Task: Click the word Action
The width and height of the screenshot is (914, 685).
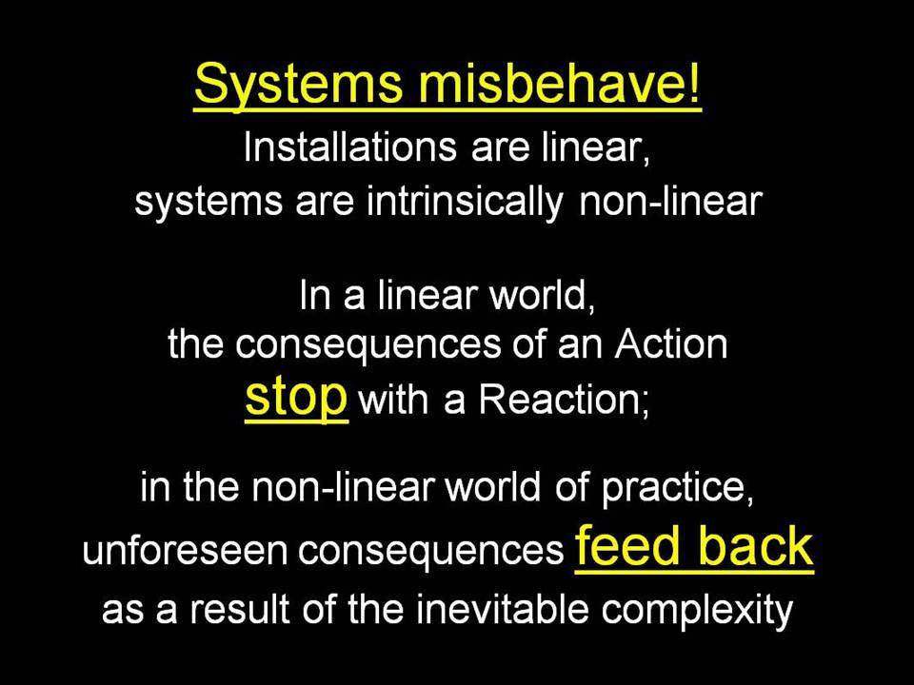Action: coord(671,343)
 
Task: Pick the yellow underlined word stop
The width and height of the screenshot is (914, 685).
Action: coord(296,398)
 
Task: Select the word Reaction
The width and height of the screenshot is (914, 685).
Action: coord(563,400)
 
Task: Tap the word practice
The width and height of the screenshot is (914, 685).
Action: coord(676,488)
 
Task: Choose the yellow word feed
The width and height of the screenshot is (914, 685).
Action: coord(628,545)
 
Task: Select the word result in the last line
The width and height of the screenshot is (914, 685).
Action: coord(240,610)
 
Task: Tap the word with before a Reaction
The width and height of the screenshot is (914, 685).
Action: coord(393,400)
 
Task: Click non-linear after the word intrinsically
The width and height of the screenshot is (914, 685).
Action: coord(670,202)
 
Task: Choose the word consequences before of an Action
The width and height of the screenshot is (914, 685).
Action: coord(368,345)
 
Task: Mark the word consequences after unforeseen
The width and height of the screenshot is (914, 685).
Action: coord(431,552)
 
